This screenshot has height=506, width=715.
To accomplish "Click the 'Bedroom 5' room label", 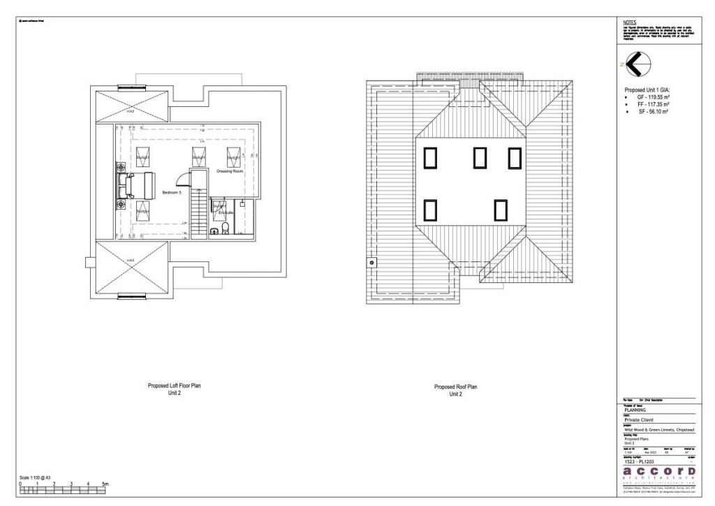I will (172, 192).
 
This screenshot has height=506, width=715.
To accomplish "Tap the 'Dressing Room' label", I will (229, 171).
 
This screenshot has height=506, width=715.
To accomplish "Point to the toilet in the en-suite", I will (216, 229).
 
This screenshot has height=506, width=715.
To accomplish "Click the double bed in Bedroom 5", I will (135, 186).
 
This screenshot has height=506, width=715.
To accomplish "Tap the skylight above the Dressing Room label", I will (233, 155).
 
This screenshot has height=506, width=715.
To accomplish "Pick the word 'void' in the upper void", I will (131, 110).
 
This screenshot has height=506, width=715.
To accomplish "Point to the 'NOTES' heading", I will (629, 22).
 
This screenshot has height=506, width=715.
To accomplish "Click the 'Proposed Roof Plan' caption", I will (455, 386).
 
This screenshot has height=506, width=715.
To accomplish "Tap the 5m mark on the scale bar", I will (105, 484).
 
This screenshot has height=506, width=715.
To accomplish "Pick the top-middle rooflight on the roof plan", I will (480, 158).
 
